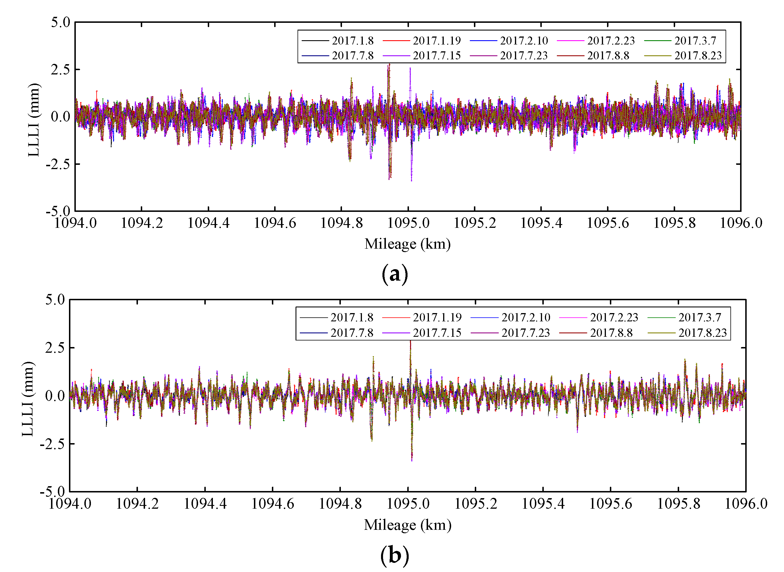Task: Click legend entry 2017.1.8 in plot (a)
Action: tap(352, 41)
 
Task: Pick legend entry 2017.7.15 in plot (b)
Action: tap(437, 333)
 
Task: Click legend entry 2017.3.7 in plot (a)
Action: tap(695, 41)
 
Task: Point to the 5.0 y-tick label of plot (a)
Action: tap(60, 23)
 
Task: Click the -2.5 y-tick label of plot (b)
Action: tap(52, 444)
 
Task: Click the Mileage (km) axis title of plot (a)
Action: tap(407, 244)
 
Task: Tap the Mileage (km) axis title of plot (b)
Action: tap(407, 525)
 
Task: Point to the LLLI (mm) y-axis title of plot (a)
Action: tap(34, 120)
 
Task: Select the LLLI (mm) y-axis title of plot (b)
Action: tap(28, 399)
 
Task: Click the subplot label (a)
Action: tap(394, 275)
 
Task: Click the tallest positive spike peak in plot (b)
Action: tap(410, 341)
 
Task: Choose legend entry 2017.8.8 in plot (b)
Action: tap(611, 333)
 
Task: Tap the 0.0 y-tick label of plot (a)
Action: tap(60, 117)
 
